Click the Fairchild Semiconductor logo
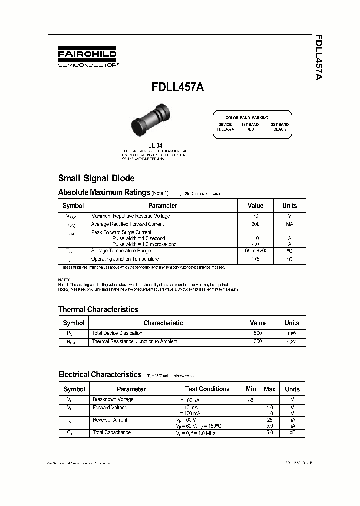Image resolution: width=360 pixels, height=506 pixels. click(87, 57)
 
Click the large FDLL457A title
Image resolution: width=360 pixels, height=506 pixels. click(177, 86)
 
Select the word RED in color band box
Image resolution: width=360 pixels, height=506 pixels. click(250, 129)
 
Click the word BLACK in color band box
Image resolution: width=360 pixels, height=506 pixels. click(280, 129)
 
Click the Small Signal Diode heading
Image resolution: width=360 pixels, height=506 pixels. click(96, 178)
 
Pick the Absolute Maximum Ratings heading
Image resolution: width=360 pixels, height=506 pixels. click(104, 192)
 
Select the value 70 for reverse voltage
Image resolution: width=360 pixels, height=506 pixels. click(255, 216)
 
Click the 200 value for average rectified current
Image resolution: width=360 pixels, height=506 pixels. click(255, 224)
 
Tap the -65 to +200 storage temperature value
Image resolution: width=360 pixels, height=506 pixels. click(255, 251)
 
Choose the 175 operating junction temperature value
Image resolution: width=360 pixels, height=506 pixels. click(255, 259)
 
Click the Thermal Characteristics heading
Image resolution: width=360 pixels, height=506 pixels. click(98, 309)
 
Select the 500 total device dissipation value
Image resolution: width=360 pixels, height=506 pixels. click(257, 333)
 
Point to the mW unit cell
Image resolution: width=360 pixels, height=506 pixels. click(292, 333)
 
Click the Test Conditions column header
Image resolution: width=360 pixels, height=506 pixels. click(207, 389)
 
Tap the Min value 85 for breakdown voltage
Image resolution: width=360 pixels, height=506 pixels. click(251, 400)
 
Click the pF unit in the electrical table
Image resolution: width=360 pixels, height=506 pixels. click(292, 432)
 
